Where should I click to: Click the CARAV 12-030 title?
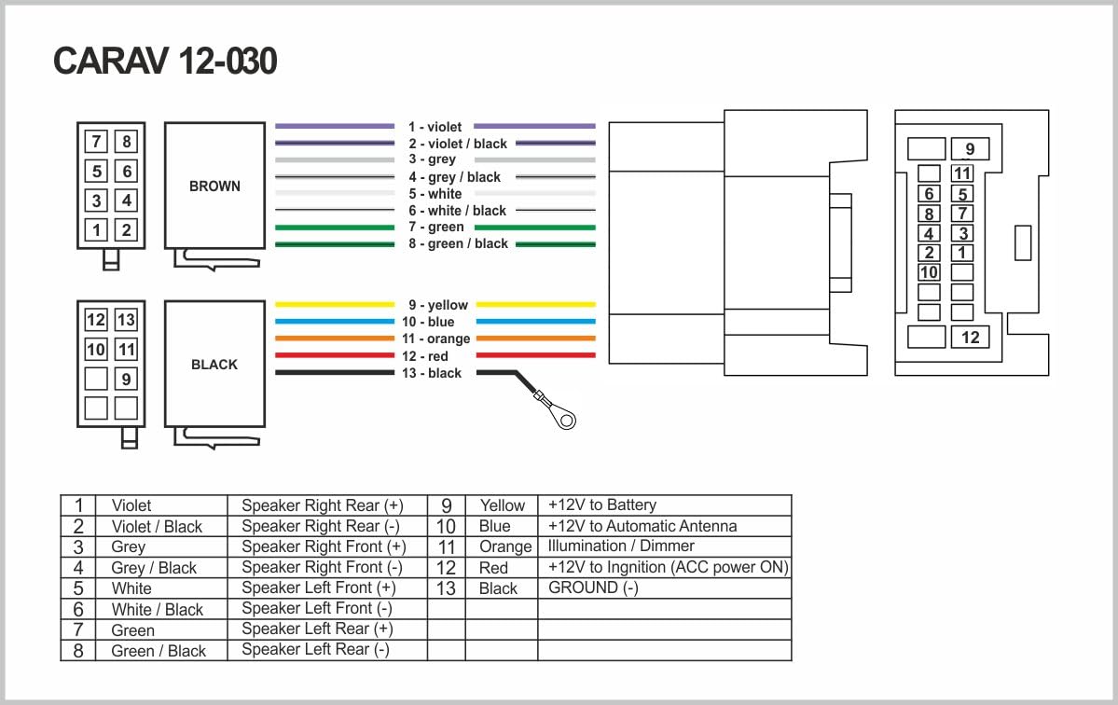165,62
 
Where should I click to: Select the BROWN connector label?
214,186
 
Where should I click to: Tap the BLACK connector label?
214,365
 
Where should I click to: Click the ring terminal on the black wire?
562,419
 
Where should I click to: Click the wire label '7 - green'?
436,227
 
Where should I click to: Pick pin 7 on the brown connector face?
96,142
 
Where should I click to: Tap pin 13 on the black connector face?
126,320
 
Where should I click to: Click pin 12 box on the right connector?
971,337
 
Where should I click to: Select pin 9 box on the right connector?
970,149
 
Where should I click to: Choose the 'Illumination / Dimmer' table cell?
621,546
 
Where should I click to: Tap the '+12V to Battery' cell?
602,505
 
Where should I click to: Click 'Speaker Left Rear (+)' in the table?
317,629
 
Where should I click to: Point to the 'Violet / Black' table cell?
157,526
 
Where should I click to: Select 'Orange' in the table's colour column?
505,546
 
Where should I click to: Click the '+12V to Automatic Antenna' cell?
642,526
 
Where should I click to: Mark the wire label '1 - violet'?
435,126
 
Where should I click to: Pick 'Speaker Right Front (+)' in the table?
324,546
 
